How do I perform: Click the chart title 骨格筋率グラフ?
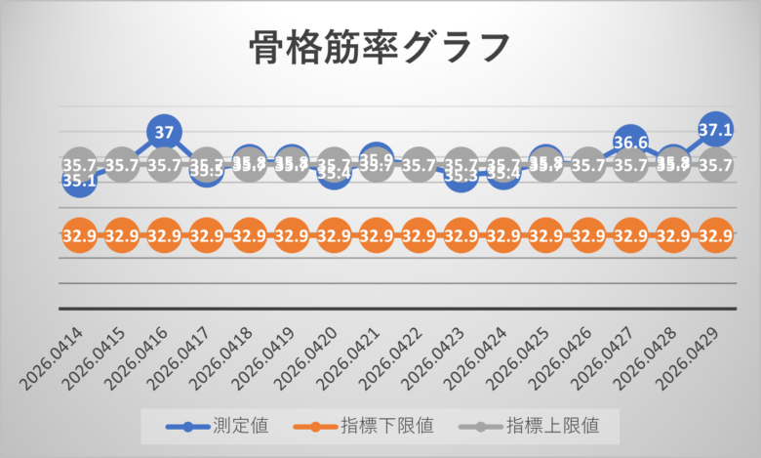[380, 47]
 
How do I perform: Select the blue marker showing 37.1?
[715, 128]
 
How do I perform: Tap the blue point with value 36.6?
[630, 143]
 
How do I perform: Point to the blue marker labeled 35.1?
[80, 180]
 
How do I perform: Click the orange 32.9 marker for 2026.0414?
[79, 236]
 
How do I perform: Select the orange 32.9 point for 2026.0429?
[715, 236]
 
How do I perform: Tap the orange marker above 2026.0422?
[419, 236]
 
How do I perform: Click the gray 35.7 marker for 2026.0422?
[419, 166]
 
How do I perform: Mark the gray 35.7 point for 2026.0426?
[588, 166]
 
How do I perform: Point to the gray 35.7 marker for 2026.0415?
[122, 166]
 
